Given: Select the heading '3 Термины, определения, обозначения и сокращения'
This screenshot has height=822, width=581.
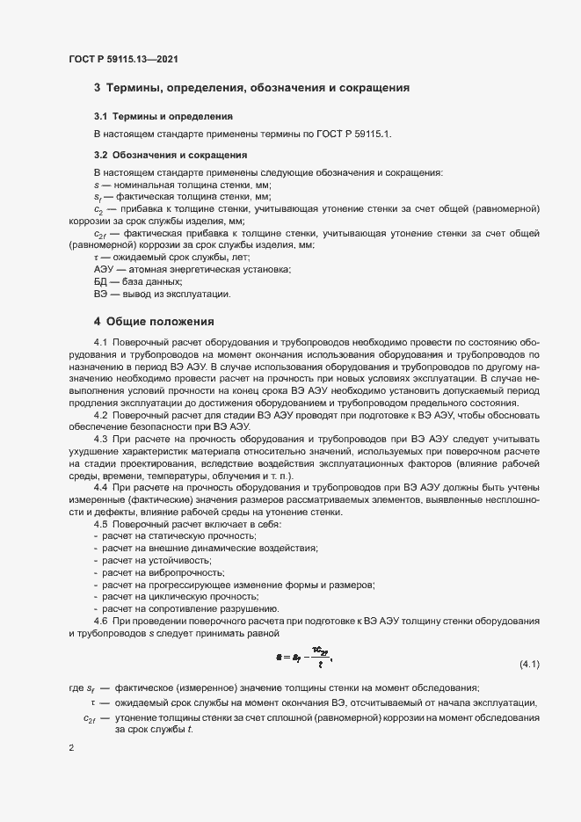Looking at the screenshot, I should tap(252, 88).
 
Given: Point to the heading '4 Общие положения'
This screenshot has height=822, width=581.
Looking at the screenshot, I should tap(154, 322).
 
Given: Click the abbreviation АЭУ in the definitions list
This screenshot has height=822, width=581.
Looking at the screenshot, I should tap(105, 269).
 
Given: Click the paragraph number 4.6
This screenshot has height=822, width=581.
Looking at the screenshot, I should tap(100, 622).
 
